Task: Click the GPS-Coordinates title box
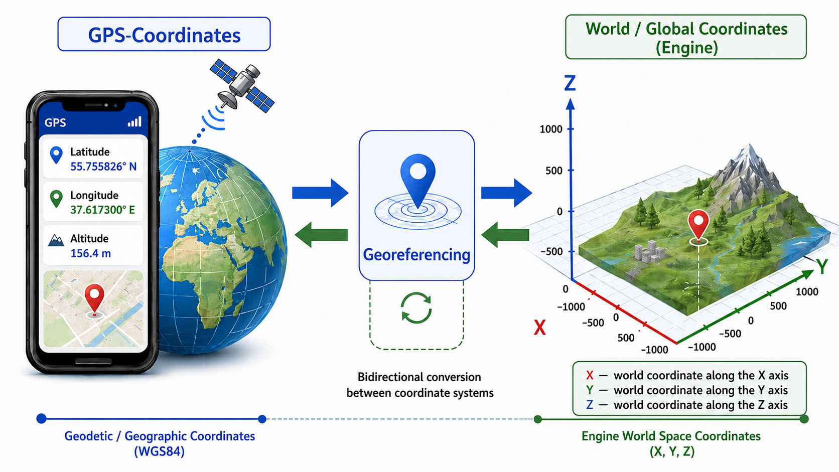164,34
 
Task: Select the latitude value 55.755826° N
103,167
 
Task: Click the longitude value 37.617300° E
103,210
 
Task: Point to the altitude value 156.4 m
91,253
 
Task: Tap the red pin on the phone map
94,300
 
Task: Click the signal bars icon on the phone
134,122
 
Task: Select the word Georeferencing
416,255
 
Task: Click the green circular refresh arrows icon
416,308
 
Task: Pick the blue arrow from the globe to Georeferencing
320,193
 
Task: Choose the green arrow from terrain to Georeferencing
505,235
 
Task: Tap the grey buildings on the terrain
649,251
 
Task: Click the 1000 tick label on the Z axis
551,129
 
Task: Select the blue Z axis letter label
570,83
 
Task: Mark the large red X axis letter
540,328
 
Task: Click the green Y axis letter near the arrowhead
822,266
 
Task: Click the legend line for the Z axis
687,405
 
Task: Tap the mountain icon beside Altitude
56,240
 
